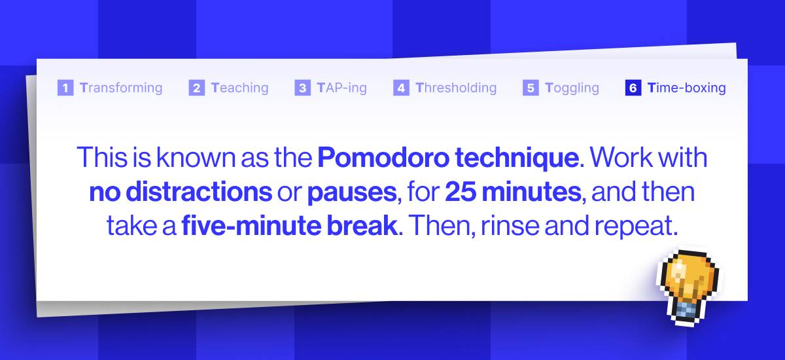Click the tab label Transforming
121,88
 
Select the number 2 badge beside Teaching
197,88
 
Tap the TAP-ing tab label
341,88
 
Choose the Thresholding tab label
456,88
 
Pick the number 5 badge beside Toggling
531,88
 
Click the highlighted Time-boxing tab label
686,88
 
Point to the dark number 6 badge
633,88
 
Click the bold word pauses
351,192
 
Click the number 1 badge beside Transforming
65,88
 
